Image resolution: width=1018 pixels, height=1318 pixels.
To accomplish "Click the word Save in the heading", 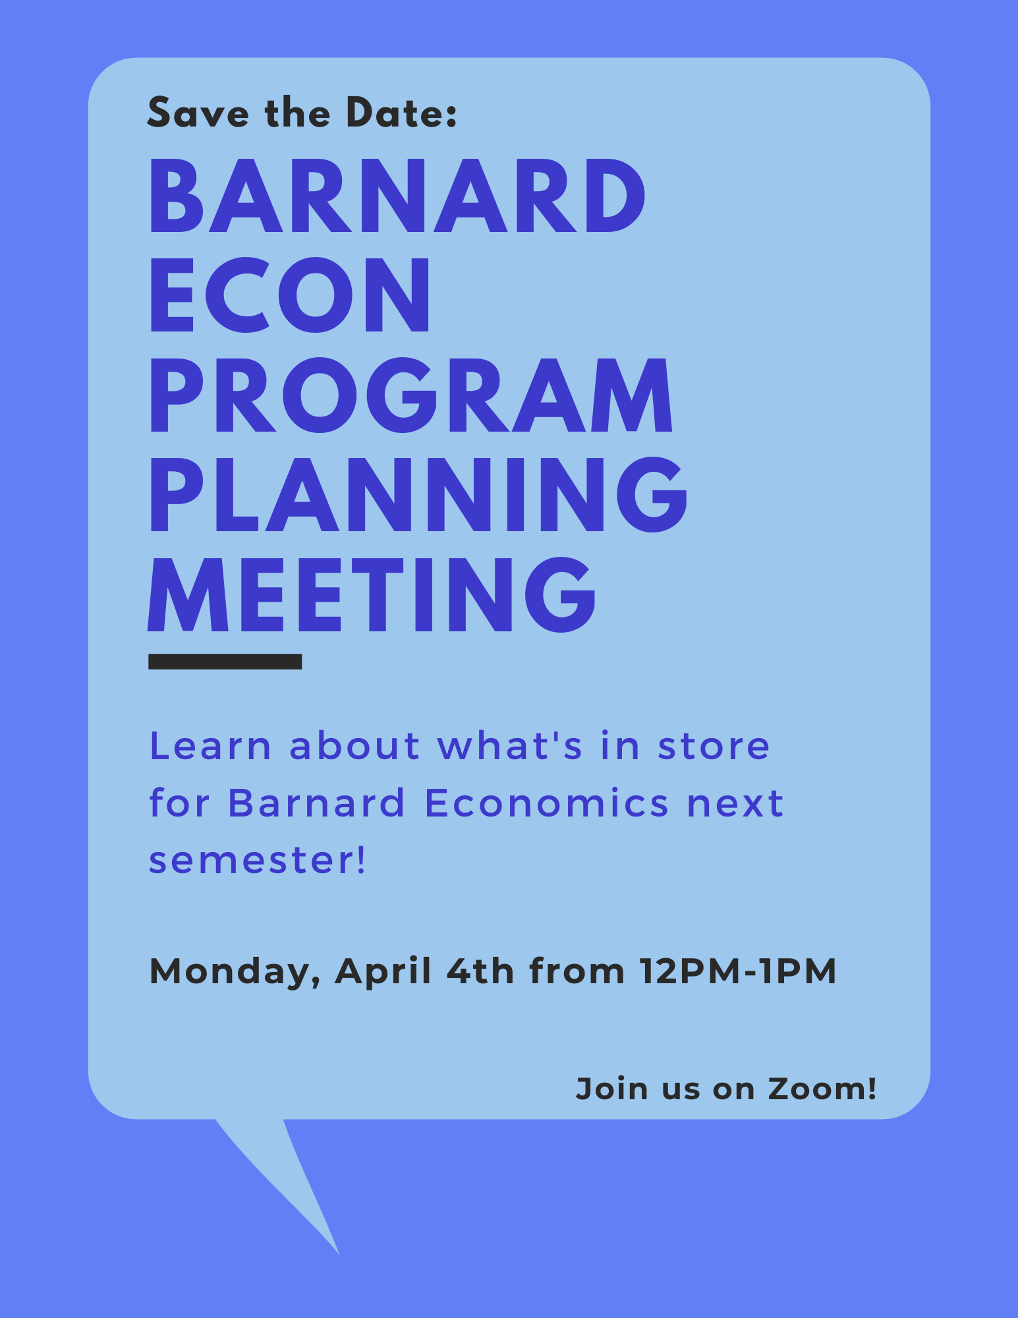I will (198, 113).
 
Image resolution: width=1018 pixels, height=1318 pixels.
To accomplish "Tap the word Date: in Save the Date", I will (401, 113).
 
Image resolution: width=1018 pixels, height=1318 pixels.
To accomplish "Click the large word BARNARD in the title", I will (397, 196).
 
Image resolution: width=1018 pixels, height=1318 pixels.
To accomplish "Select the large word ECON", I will (290, 295).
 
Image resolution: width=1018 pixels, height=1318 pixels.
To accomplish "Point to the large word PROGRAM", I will (411, 395).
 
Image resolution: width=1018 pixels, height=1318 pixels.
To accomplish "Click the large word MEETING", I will (372, 594).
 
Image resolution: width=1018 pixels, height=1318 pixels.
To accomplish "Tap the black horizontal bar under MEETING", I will (225, 662).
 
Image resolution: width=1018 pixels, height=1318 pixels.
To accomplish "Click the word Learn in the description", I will (210, 746).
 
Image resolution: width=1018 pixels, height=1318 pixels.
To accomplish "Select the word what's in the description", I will (510, 746).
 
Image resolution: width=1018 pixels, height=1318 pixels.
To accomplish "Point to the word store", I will (714, 746).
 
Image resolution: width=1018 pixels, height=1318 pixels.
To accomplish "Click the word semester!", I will (257, 861).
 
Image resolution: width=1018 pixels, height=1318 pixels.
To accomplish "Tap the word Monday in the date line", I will (234, 972).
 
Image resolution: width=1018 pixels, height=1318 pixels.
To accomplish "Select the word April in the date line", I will (383, 971).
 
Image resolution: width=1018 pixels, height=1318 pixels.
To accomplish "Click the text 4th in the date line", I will (480, 971).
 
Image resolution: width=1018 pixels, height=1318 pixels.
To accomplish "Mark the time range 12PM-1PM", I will (737, 971).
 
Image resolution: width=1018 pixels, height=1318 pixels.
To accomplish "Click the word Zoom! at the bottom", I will (822, 1089).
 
